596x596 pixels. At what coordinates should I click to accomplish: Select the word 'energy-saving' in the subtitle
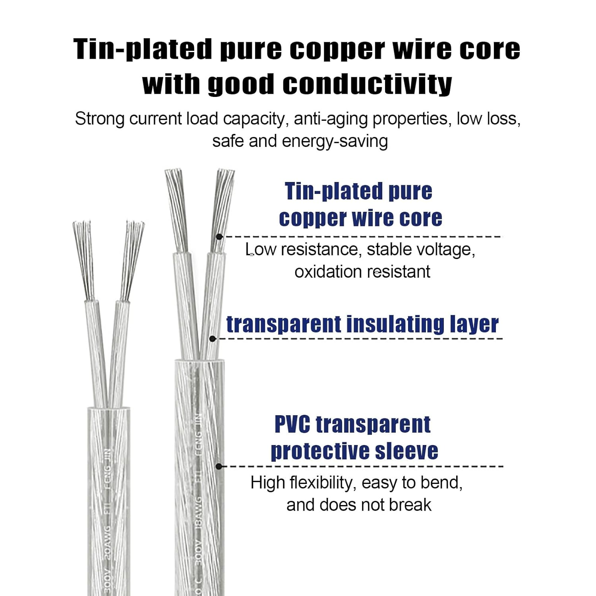(335, 141)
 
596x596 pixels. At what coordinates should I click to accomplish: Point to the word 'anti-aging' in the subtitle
(331, 119)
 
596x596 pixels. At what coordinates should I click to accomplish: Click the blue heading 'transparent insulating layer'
(362, 324)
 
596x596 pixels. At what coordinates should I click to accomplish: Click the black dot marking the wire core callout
(219, 236)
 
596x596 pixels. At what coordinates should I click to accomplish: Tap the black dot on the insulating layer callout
(213, 339)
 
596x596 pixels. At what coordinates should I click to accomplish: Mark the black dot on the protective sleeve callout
(219, 466)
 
